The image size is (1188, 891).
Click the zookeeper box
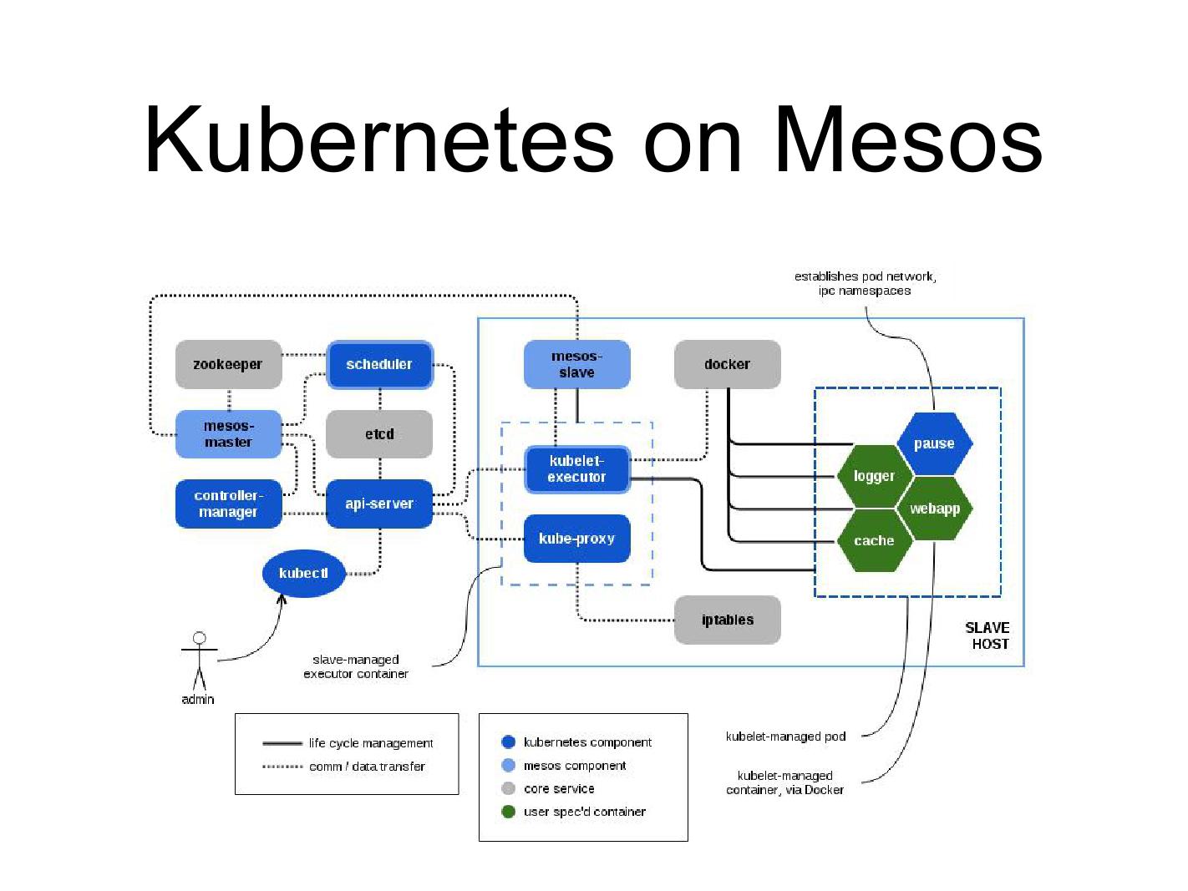click(228, 365)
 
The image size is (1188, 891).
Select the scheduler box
click(379, 365)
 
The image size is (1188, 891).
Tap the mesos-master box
click(228, 434)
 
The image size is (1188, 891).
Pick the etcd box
click(379, 434)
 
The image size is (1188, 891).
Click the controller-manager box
click(228, 504)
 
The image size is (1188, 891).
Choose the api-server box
click(379, 504)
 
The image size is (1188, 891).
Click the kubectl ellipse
click(303, 574)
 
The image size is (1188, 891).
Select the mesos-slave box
click(576, 365)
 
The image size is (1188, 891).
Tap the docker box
click(727, 365)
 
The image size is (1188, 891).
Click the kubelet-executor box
click(576, 469)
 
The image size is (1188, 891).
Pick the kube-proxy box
click(576, 539)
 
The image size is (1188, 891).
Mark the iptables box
click(727, 620)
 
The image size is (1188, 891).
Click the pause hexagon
click(934, 444)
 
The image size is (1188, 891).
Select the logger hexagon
click(874, 476)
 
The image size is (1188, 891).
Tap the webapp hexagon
click(934, 509)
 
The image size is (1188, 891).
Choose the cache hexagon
click(874, 541)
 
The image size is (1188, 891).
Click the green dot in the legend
click(508, 812)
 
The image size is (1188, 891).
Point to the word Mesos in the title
click(908, 140)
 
